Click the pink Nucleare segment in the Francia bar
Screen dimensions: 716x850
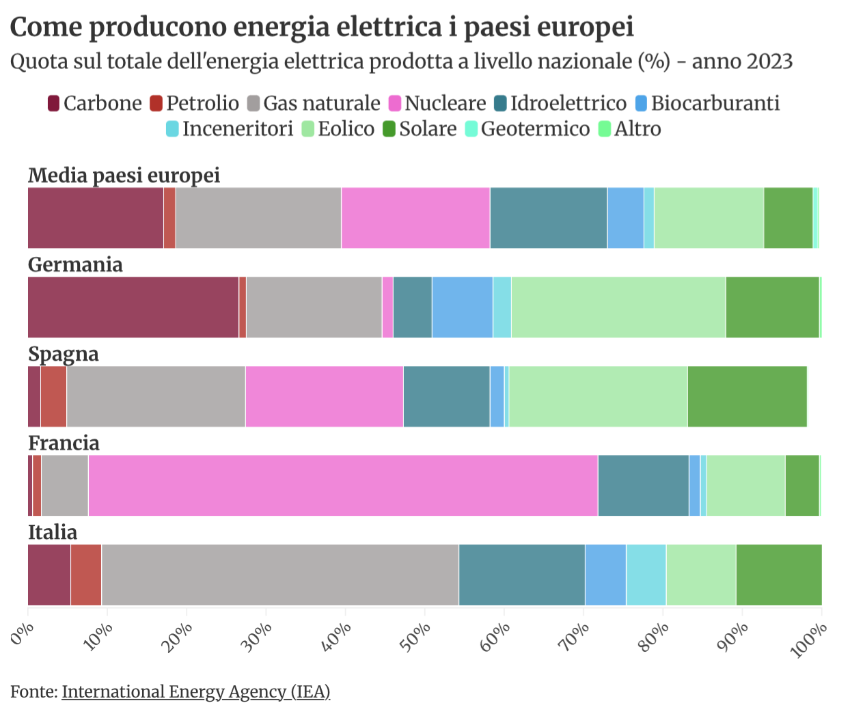[342, 485]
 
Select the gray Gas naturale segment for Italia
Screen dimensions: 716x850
[280, 575]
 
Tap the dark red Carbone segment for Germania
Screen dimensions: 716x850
[133, 307]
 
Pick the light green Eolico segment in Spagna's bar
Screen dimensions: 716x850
[598, 396]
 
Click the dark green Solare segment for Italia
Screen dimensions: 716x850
[778, 575]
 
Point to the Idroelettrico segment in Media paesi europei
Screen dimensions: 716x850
[548, 217]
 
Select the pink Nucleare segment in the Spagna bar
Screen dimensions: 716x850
[324, 396]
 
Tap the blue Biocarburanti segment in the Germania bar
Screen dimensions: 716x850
[462, 307]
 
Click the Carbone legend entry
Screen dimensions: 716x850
[95, 103]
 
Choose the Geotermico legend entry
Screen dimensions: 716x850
[527, 129]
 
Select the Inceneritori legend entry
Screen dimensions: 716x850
[230, 129]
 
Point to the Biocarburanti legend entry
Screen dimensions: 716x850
[707, 103]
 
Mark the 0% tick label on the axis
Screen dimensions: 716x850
[23, 633]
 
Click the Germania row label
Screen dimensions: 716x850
[75, 264]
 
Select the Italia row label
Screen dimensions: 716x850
[53, 532]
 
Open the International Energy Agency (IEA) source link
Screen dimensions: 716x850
[196, 692]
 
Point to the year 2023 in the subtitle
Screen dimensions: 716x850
[768, 61]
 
